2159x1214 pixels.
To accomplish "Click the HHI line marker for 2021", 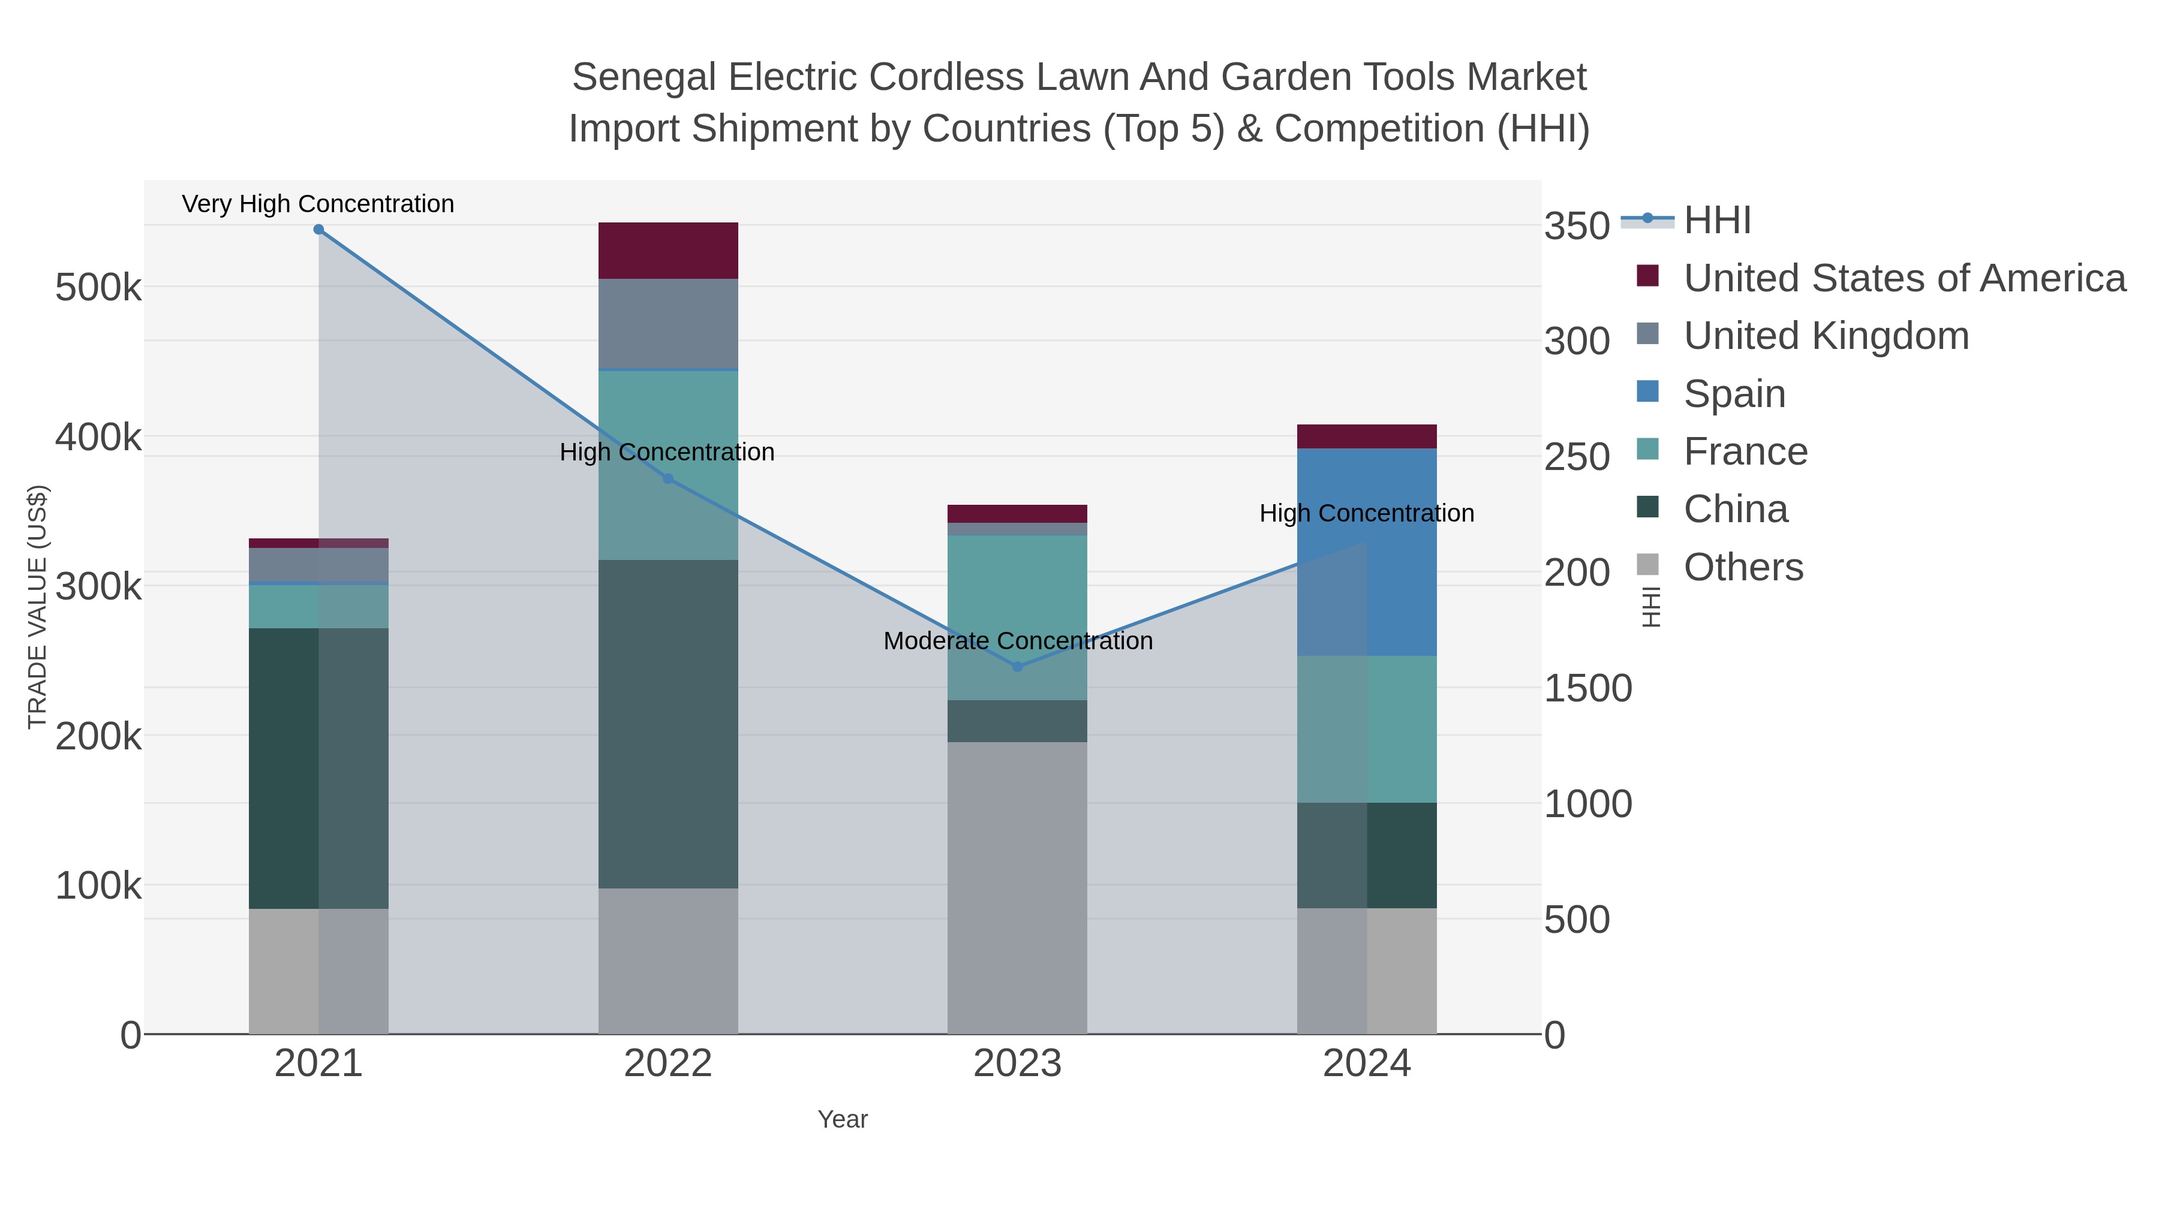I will pyautogui.click(x=318, y=230).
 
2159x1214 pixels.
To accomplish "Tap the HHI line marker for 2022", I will pyautogui.click(x=668, y=479).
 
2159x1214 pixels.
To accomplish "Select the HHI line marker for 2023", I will pyautogui.click(x=1018, y=667).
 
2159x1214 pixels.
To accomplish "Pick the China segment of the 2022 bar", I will pyautogui.click(x=668, y=725).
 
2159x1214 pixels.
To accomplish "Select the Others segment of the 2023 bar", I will pyautogui.click(x=1018, y=888).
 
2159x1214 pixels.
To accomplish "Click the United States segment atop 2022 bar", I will pyautogui.click(x=668, y=251).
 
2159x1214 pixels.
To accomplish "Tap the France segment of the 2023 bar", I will pyautogui.click(x=1018, y=617).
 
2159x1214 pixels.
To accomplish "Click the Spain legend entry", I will pyautogui.click(x=1734, y=394).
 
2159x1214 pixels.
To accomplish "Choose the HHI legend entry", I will pyautogui.click(x=1716, y=221).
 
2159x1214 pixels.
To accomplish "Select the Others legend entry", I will pyautogui.click(x=1742, y=567).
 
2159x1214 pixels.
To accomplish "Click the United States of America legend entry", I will pyautogui.click(x=1904, y=278).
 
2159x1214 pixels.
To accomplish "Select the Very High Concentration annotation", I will pyautogui.click(x=318, y=204).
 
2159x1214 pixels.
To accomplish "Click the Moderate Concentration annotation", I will pyautogui.click(x=1018, y=641).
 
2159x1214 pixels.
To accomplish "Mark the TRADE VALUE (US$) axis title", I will pyautogui.click(x=38, y=607).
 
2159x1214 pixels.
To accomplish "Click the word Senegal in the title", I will pyautogui.click(x=644, y=78).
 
